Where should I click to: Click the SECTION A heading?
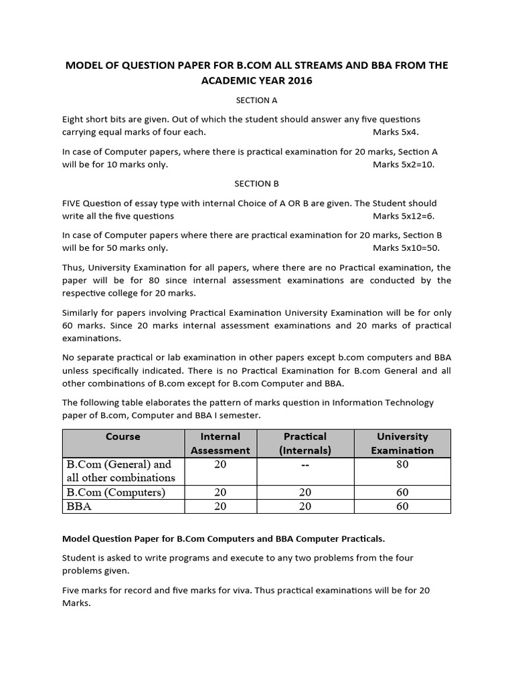click(256, 100)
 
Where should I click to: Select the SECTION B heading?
click(256, 183)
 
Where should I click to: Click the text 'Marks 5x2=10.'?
click(404, 165)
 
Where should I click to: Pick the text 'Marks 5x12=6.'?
click(404, 215)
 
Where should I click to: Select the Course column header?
click(122, 437)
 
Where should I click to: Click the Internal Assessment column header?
click(220, 444)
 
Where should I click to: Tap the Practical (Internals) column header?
click(305, 444)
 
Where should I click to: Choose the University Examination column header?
click(402, 444)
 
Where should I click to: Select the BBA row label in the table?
click(79, 506)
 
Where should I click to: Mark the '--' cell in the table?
click(305, 465)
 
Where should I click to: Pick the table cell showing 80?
click(402, 465)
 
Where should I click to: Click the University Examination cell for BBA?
click(402, 506)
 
